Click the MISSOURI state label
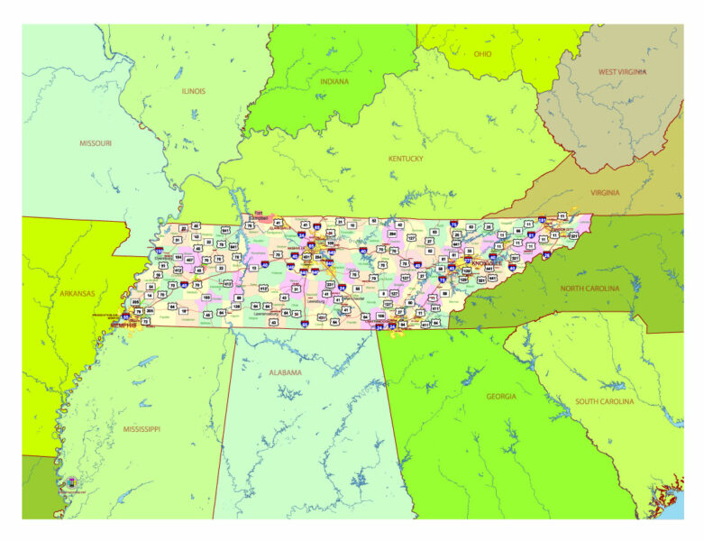click(96, 143)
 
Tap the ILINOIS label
click(193, 91)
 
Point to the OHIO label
click(483, 54)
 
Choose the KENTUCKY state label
click(406, 159)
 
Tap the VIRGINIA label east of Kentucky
click(605, 192)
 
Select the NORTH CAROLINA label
click(591, 288)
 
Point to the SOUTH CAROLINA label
click(606, 401)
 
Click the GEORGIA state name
click(501, 396)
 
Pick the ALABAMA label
click(286, 372)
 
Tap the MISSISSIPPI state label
click(142, 429)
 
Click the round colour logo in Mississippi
click(71, 483)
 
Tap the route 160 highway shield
click(206, 297)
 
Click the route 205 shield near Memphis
click(135, 303)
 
